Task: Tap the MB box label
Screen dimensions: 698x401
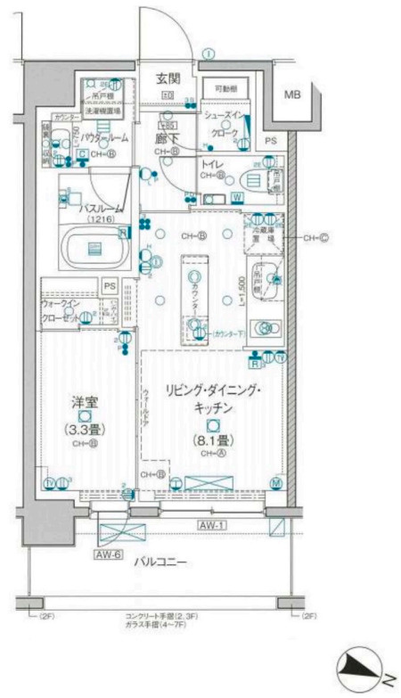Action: [292, 94]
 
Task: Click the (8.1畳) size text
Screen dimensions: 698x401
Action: [211, 439]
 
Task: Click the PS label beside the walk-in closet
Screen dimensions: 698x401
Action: [110, 286]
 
